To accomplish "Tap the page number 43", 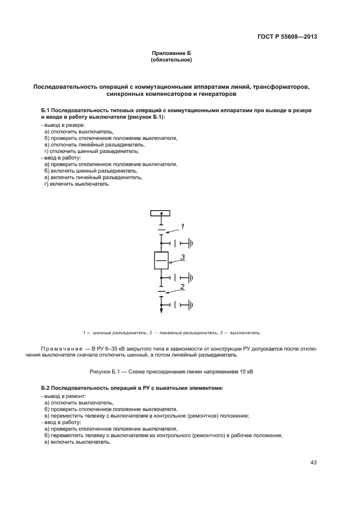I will pos(313,462).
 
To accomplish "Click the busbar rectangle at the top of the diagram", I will pos(161,214).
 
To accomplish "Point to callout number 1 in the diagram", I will pos(184,225).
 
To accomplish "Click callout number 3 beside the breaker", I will pos(184,257).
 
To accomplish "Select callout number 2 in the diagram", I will pos(183,286).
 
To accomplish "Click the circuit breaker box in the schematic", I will pos(161,261).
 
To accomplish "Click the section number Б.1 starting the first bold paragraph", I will pos(47,109).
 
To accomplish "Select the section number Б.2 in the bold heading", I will pos(47,388).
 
